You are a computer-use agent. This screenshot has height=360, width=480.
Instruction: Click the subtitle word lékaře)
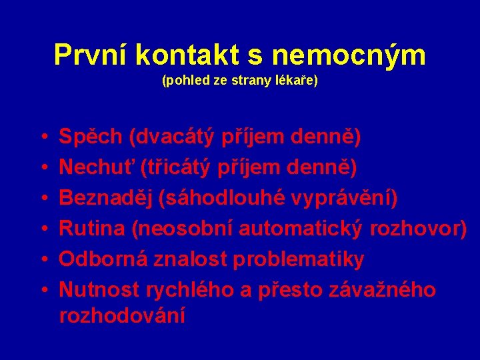(299, 81)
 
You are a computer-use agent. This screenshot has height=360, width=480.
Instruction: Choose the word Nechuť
(97, 168)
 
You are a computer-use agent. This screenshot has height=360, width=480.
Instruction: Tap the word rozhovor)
(418, 229)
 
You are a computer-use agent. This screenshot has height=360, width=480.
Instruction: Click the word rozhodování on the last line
(122, 315)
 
